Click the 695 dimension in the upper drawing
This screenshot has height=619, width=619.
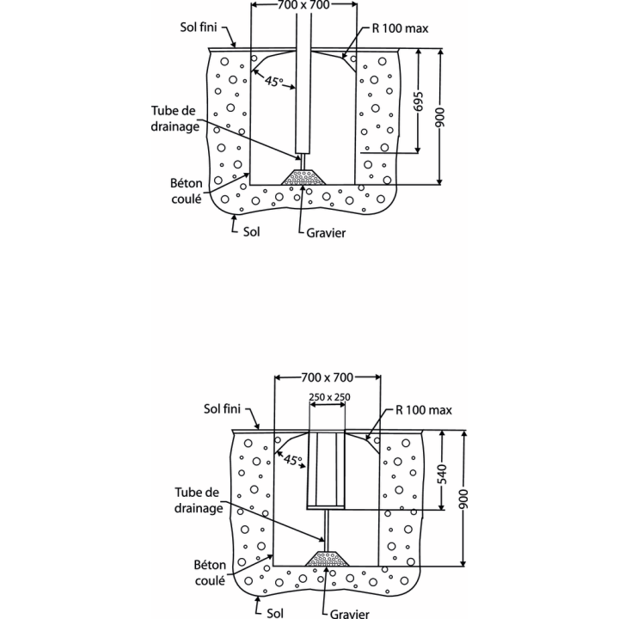tap(419, 101)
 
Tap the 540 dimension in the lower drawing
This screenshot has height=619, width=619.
tap(442, 474)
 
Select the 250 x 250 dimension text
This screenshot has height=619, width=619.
tap(329, 397)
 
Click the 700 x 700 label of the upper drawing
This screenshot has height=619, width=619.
tap(303, 5)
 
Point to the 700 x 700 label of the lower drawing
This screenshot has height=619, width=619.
tap(327, 377)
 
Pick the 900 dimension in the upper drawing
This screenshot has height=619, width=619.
tap(440, 117)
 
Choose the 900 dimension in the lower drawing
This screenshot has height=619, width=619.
tap(463, 499)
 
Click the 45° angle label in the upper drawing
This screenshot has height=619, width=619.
tap(273, 82)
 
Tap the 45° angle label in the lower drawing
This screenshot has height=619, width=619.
tap(293, 459)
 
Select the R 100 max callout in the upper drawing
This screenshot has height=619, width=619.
tap(400, 28)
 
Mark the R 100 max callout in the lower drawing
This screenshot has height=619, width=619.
tap(424, 411)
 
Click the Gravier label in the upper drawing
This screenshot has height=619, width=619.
tap(326, 233)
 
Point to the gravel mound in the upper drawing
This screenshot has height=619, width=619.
tap(303, 178)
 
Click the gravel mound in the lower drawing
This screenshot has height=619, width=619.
tap(328, 559)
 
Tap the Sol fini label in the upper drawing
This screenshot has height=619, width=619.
tap(199, 27)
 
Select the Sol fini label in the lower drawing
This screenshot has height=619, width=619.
tap(222, 409)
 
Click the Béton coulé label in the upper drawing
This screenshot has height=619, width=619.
tap(187, 191)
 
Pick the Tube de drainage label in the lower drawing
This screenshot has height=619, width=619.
tap(199, 500)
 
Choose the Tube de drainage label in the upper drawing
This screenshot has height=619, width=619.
tap(175, 119)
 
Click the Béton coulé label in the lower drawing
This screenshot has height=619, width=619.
tap(210, 573)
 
